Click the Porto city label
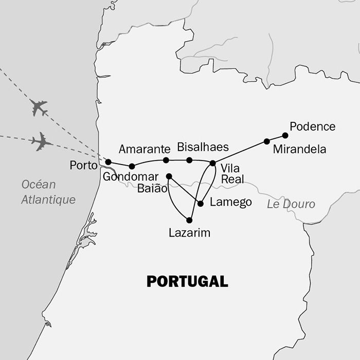coord(83,166)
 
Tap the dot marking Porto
coord(108,162)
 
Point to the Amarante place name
coord(144,150)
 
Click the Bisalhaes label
coord(203,147)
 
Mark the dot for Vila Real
coord(212,163)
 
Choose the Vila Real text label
coord(232,174)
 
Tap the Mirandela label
coord(300,150)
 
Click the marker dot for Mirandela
coord(266,141)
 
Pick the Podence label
coord(312,127)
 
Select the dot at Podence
coord(285,135)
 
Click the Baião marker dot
coord(169,176)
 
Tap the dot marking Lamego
coord(201,204)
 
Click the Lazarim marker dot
coord(189,220)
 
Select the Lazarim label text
coord(189,233)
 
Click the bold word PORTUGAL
coord(187,281)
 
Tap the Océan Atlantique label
coord(48,192)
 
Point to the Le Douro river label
coord(291,204)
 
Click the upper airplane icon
coord(39,107)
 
